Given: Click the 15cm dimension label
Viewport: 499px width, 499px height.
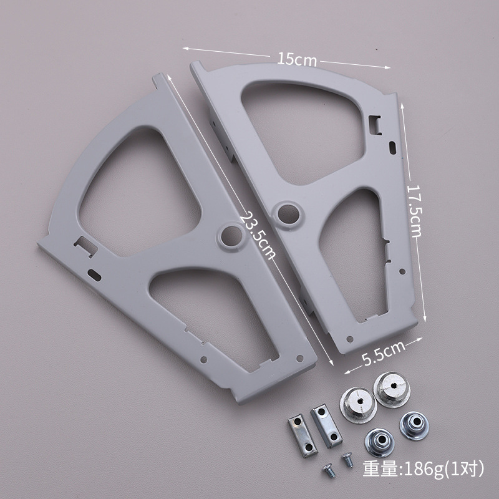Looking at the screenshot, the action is click(297, 59).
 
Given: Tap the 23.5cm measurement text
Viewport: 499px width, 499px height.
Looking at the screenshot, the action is click(258, 236).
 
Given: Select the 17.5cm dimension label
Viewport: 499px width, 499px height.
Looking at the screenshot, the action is click(414, 211).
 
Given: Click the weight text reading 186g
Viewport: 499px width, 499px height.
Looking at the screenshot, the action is click(423, 469).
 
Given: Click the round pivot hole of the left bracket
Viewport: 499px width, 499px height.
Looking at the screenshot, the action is click(231, 236).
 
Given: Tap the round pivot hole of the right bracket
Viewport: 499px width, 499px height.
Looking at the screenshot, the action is click(288, 214).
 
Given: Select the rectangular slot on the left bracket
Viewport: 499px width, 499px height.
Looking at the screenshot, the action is click(86, 246).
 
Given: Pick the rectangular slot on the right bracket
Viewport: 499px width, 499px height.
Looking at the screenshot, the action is click(375, 125).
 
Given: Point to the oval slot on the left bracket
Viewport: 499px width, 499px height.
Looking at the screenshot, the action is click(95, 275).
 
